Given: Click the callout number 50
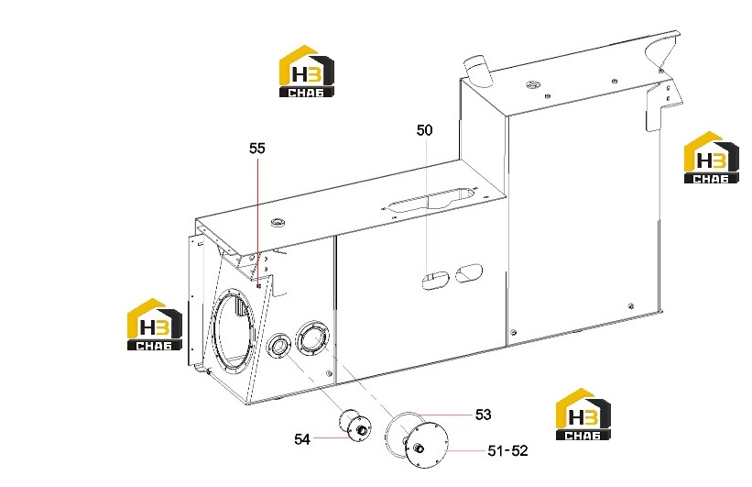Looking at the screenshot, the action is click(x=424, y=130).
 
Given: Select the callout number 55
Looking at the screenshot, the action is click(x=257, y=149).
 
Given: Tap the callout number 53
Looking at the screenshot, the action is click(x=484, y=415).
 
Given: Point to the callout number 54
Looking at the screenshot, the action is click(x=302, y=439).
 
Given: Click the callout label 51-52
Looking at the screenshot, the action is click(x=507, y=451).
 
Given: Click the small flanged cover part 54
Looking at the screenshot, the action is click(x=355, y=425).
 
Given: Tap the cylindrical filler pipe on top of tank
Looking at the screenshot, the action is click(x=477, y=72).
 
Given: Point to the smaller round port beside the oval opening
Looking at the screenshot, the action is click(x=279, y=346).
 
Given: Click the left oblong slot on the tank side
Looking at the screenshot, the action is click(x=435, y=280).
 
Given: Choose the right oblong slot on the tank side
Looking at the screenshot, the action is click(x=469, y=272).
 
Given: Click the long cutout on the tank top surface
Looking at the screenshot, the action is click(x=431, y=200).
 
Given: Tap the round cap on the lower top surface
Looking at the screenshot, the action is click(x=278, y=222).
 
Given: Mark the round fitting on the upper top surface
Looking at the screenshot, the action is click(x=533, y=85).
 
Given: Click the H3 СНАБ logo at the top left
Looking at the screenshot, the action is click(x=307, y=72).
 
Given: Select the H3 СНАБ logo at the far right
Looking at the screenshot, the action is click(x=711, y=158).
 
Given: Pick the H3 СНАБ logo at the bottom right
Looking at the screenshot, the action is click(x=583, y=414).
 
